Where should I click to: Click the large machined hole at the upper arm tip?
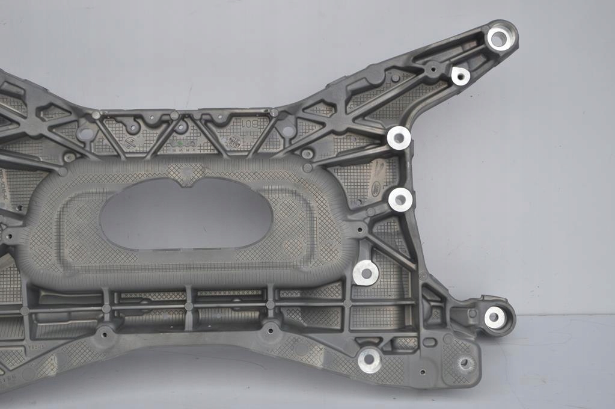click(x=499, y=38)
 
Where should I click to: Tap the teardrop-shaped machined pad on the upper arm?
click(x=460, y=75)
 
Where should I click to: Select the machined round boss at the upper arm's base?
click(x=399, y=138)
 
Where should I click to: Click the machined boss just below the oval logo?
click(x=400, y=199)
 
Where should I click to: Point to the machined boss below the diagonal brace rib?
click(x=366, y=273)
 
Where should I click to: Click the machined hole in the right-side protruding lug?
click(x=495, y=317)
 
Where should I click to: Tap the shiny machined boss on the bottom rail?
click(x=369, y=360)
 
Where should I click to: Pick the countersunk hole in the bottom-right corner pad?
click(x=465, y=363)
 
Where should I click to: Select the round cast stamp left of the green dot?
click(x=129, y=143)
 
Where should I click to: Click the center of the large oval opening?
click(x=186, y=214)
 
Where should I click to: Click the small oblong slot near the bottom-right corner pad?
click(x=429, y=342)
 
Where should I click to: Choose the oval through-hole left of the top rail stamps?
click(x=86, y=134)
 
